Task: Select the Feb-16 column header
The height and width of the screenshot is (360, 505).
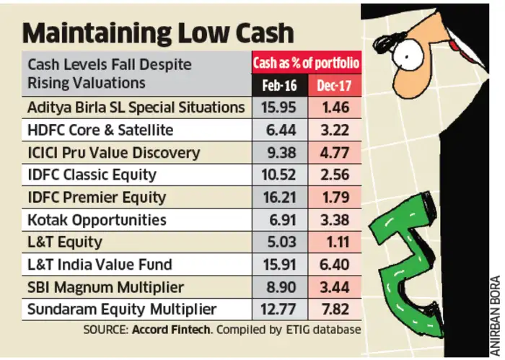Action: click(x=278, y=85)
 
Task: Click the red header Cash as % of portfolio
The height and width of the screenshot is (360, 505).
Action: click(x=306, y=63)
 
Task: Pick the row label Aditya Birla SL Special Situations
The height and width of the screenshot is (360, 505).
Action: click(x=136, y=107)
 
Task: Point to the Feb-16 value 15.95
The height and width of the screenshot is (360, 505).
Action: click(x=278, y=107)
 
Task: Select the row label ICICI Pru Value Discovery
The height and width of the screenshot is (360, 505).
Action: click(x=113, y=152)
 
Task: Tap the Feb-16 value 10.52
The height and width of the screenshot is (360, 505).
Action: click(x=278, y=175)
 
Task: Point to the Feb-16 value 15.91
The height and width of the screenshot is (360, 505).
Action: click(x=278, y=265)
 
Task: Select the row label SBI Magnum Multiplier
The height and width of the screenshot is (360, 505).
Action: click(x=105, y=287)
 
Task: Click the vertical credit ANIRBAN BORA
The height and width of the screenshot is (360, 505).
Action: click(x=494, y=310)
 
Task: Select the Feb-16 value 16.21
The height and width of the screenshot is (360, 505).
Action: click(x=278, y=197)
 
